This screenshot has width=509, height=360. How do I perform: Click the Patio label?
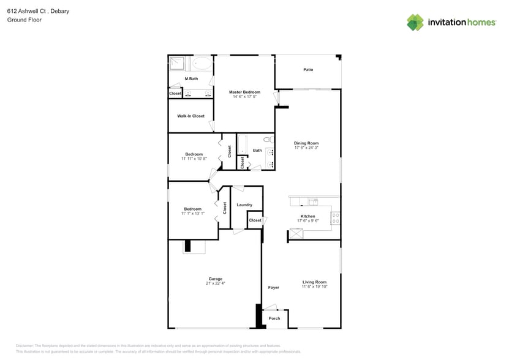tap(308, 70)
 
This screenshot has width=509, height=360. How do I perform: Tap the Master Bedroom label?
tap(244, 92)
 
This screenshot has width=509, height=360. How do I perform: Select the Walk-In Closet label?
tap(190, 116)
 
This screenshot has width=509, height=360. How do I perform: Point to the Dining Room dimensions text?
tap(306, 148)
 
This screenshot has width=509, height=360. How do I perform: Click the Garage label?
tap(215, 279)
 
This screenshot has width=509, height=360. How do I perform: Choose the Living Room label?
tap(314, 282)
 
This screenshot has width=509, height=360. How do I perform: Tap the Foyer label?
tap(273, 287)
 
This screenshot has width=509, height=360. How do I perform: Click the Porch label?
tap(274, 318)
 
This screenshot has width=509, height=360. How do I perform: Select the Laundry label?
tap(244, 204)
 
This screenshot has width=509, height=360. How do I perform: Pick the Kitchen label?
tap(307, 216)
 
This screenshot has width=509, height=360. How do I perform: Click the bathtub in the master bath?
tap(202, 63)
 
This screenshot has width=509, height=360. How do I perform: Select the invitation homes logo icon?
tap(415, 23)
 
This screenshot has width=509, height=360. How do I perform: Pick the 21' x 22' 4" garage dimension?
tap(215, 283)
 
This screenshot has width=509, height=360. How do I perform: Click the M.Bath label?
tap(191, 79)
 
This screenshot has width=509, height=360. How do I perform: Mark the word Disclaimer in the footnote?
tap(25, 346)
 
